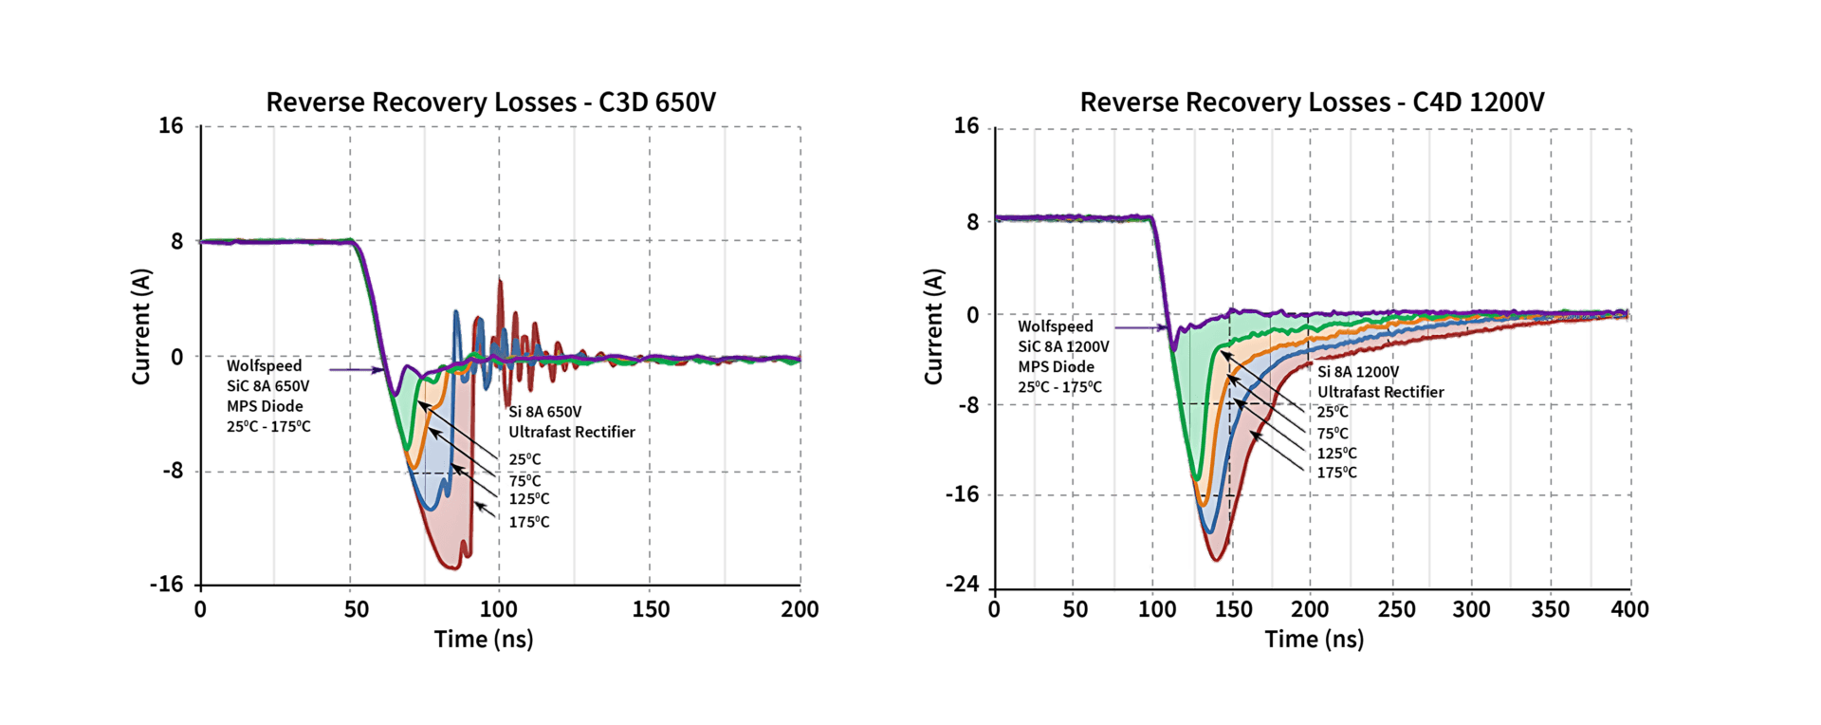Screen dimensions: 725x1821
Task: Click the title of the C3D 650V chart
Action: (490, 102)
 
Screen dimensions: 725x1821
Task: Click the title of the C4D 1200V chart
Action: (1312, 102)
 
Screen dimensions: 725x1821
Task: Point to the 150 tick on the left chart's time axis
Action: (651, 609)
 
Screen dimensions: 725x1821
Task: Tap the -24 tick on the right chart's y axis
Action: (961, 585)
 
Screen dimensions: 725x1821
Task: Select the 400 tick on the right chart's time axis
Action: (1629, 609)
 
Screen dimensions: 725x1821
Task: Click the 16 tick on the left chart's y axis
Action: (171, 126)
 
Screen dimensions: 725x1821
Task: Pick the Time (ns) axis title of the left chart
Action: (484, 640)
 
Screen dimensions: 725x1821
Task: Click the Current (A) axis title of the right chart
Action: (934, 326)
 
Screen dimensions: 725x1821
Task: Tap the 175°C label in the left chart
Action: (529, 522)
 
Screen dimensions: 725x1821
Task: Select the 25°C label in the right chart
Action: (1332, 412)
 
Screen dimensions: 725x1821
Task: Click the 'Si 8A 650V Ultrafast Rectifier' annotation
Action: (571, 422)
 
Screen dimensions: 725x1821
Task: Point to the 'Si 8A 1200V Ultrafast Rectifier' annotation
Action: (1380, 381)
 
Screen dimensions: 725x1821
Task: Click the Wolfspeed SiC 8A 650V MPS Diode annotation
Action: (268, 396)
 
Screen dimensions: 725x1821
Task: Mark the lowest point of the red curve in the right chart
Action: (1216, 561)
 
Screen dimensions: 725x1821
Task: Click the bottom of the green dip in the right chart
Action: (1197, 479)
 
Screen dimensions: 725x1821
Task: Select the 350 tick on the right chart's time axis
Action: (1550, 609)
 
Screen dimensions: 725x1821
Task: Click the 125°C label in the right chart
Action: (1336, 454)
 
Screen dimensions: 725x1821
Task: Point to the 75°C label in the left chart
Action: (524, 480)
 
